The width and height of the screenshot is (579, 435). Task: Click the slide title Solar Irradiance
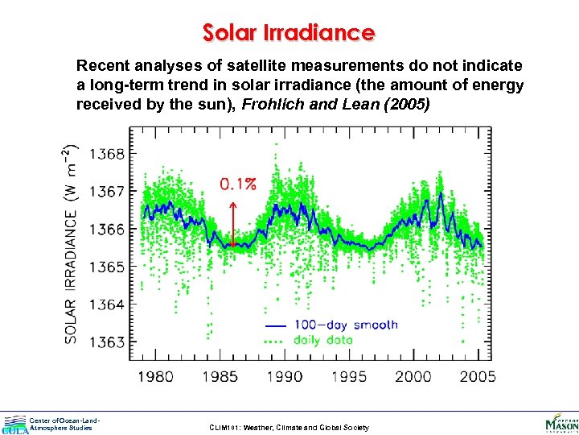tap(289, 33)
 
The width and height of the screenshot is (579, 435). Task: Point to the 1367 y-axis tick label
tap(108, 192)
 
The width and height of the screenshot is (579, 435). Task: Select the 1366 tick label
tap(108, 230)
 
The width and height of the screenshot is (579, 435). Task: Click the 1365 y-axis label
tap(108, 267)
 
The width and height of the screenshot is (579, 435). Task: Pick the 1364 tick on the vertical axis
tap(108, 304)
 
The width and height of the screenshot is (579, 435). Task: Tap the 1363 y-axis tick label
tap(108, 342)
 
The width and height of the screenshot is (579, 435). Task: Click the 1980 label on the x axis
tap(154, 375)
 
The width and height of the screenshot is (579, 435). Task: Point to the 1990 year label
tap(285, 375)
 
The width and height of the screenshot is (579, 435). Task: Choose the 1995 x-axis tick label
tap(350, 375)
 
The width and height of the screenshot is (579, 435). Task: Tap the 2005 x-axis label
tap(478, 375)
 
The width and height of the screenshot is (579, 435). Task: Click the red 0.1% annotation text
tap(238, 184)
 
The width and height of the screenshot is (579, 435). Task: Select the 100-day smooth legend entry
tap(331, 325)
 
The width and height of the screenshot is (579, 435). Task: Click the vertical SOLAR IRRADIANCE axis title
tap(71, 243)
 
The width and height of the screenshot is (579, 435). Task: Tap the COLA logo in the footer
tap(14, 425)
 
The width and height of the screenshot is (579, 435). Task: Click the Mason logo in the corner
tap(561, 421)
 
